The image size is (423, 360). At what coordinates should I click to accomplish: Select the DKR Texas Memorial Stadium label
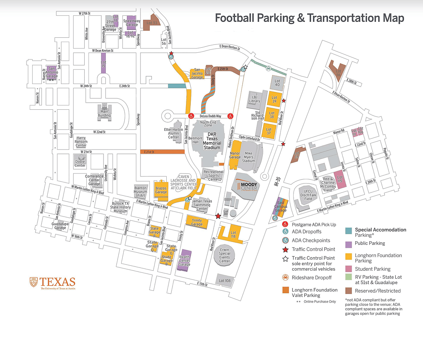[213, 141]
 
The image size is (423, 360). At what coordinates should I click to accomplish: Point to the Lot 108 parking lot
[224, 280]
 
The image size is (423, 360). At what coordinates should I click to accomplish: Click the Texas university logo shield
[33, 282]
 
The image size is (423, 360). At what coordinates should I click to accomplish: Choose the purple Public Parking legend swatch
[348, 244]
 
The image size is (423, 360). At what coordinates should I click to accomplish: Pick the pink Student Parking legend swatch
[348, 269]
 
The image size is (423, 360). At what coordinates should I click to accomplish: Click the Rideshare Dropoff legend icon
[286, 277]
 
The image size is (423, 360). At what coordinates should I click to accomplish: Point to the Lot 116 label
[338, 71]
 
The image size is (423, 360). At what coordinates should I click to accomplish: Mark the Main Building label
[104, 113]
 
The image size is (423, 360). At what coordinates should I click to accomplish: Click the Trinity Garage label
[197, 222]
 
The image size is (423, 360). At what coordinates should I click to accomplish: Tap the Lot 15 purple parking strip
[104, 65]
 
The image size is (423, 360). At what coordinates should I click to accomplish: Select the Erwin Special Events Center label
[225, 255]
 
